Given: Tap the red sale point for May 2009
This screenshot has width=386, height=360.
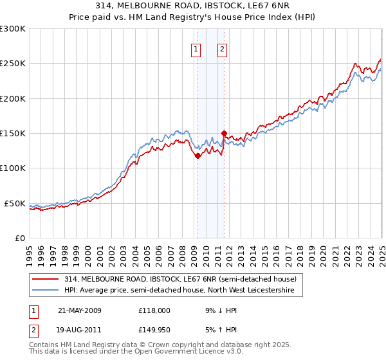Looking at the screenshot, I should (x=198, y=156).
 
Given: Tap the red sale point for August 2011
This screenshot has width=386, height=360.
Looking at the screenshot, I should (x=224, y=134).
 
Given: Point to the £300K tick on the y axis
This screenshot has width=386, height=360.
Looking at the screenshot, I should (x=13, y=29).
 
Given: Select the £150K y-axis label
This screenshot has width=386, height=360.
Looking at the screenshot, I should (x=13, y=134).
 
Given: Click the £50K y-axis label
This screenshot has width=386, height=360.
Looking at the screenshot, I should (x=15, y=203).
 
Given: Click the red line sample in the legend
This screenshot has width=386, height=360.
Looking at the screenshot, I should (x=46, y=280).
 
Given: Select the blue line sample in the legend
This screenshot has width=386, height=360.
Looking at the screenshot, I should (x=46, y=291).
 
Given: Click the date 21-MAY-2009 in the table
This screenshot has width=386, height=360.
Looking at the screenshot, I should (x=80, y=310).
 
